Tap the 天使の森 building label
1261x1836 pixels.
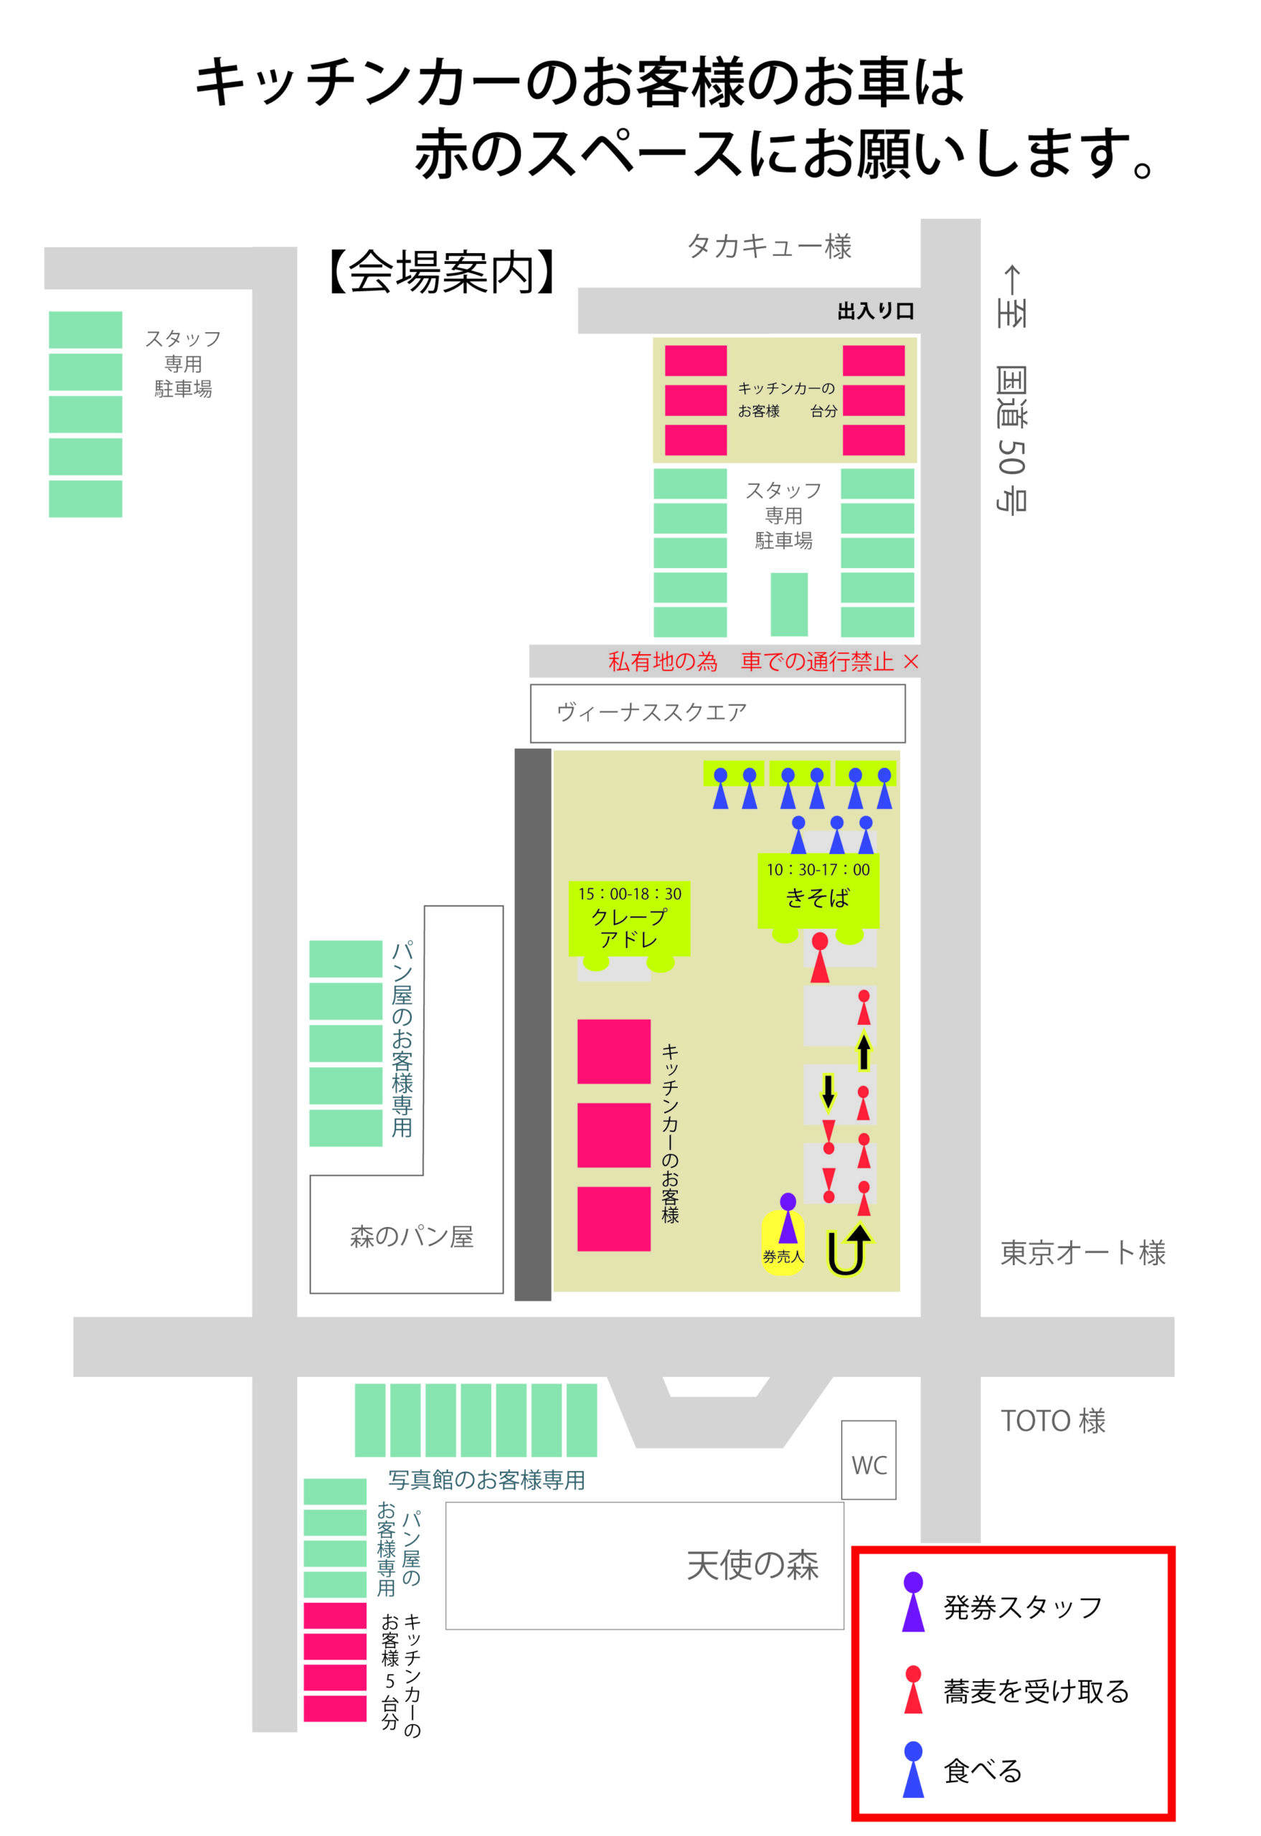point(752,1564)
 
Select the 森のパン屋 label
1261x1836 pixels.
point(411,1236)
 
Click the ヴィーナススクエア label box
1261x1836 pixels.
point(717,713)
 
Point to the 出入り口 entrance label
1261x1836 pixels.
point(874,311)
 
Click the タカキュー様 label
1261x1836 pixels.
point(769,247)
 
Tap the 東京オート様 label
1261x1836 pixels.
point(1082,1252)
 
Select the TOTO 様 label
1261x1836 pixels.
point(1052,1421)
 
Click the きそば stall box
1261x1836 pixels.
point(818,890)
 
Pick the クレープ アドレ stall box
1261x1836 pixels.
point(629,919)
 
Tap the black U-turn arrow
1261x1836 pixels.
point(848,1250)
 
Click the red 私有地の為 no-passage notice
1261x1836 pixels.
point(762,661)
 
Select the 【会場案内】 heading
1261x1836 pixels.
point(443,273)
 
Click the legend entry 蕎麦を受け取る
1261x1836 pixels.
point(1035,1691)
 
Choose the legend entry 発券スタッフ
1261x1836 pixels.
point(1021,1608)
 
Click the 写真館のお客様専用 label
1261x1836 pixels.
point(486,1480)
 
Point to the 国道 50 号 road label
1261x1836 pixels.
point(1011,438)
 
